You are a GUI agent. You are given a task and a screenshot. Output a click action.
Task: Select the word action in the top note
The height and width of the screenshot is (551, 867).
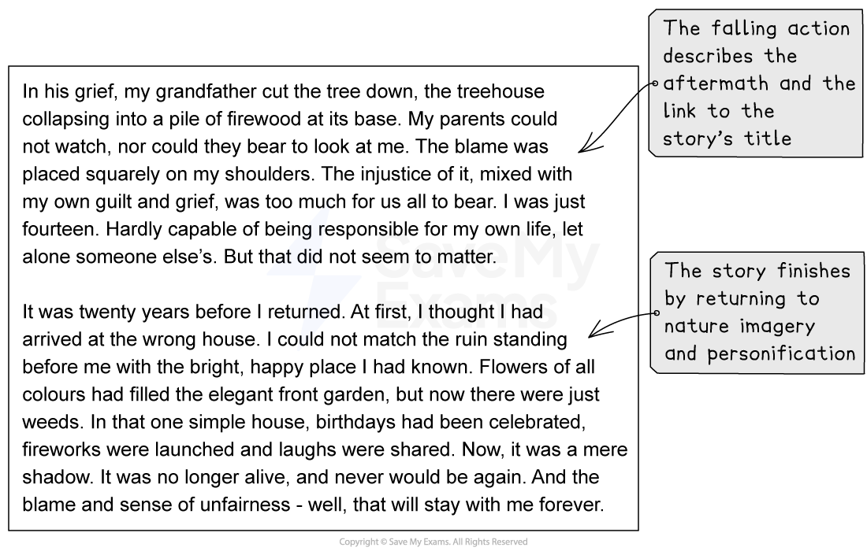pos(819,29)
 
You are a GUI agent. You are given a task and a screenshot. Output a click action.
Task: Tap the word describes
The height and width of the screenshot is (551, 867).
pos(708,57)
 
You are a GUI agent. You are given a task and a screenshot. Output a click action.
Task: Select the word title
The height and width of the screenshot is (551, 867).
pos(768,139)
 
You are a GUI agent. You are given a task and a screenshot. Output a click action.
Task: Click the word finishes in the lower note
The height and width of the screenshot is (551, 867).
pos(813,272)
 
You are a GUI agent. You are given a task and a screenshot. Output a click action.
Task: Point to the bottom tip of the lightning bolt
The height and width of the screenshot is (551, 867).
pos(299,349)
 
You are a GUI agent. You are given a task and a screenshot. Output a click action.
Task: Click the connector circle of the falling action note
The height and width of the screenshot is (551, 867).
pos(654,83)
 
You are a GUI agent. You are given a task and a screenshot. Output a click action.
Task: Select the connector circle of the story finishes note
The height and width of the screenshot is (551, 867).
pos(655,312)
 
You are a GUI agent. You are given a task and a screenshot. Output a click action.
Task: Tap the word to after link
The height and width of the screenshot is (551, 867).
pos(718,111)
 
